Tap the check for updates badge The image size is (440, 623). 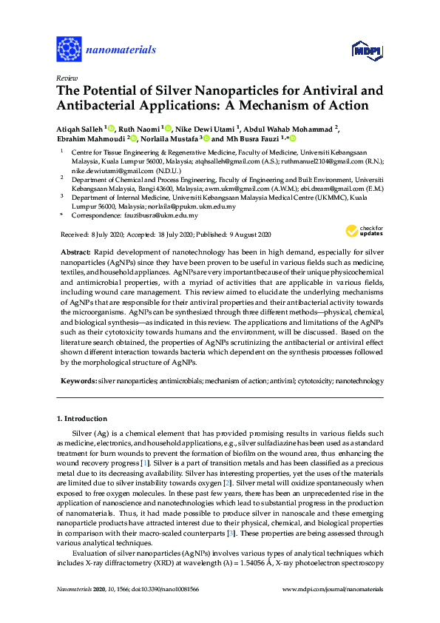[365, 232]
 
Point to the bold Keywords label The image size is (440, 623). [78, 380]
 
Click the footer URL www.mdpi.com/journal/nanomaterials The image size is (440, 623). [334, 589]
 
